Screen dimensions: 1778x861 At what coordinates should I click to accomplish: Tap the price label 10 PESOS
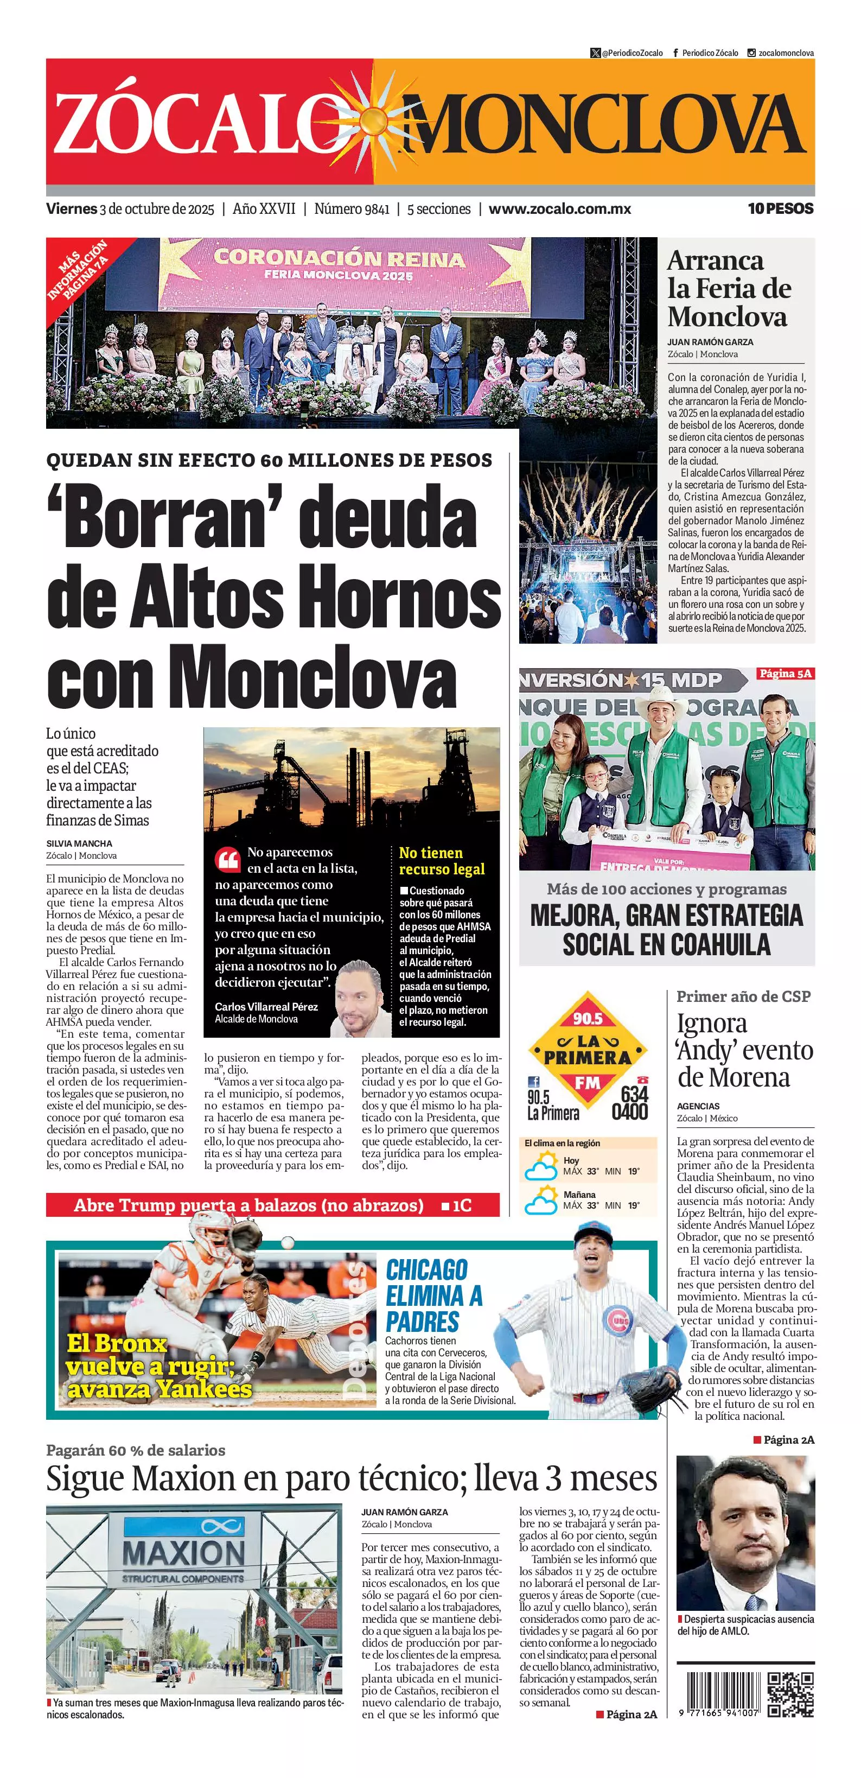[780, 208]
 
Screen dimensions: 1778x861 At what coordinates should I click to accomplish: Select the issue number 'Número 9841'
[352, 208]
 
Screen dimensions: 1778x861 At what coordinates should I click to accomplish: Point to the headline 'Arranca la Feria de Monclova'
[729, 289]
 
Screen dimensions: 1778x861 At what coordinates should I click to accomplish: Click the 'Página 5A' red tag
[785, 673]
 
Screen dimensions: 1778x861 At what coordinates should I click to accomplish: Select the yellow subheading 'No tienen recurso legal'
[442, 861]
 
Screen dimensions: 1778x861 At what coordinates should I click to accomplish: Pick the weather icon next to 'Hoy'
[540, 1169]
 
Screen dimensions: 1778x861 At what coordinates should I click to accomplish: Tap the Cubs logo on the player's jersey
[617, 1321]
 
